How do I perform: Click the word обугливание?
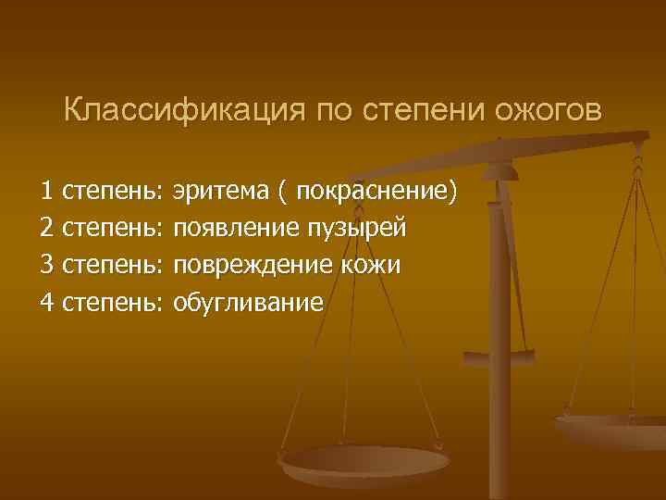[x=248, y=303]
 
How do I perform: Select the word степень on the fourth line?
[x=111, y=303]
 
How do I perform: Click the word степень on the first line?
[x=111, y=192]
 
